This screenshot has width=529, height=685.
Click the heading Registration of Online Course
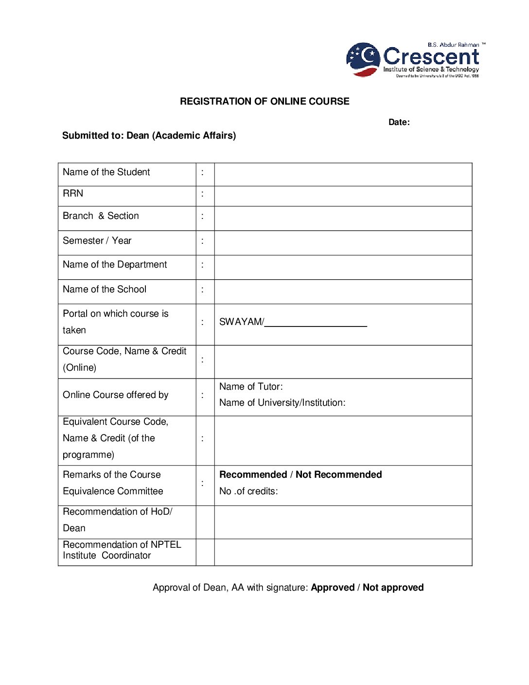[x=264, y=101]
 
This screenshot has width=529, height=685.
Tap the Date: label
[x=399, y=122]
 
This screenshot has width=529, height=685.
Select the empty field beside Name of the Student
[x=343, y=174]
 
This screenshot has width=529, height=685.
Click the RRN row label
[x=73, y=194]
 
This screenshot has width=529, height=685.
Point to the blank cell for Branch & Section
[x=343, y=218]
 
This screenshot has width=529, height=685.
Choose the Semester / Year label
[x=97, y=241]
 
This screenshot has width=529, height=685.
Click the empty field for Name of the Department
[x=343, y=267]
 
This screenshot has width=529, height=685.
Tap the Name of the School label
[x=105, y=289]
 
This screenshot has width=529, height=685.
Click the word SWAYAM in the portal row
[x=241, y=322]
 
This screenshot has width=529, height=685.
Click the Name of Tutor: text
[x=251, y=387]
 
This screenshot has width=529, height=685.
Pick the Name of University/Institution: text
[x=282, y=403]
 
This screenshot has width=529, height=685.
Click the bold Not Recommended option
[x=338, y=475]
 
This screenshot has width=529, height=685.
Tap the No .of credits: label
[x=248, y=491]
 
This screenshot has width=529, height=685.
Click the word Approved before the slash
[x=333, y=588]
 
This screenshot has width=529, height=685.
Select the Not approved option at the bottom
[x=393, y=588]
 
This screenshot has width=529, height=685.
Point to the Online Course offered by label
[x=116, y=395]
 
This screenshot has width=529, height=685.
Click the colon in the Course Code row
[x=202, y=360]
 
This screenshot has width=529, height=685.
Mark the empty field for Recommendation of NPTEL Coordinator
[x=343, y=552]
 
